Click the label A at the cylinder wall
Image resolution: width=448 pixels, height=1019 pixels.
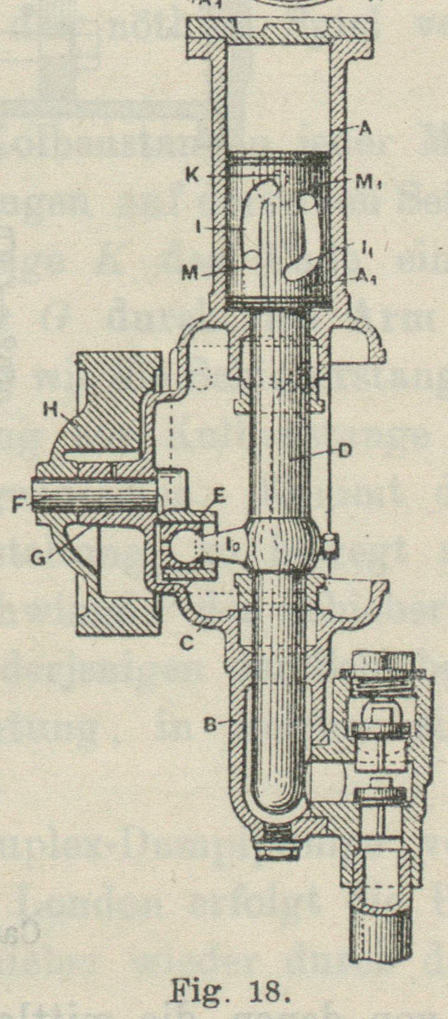tap(365, 129)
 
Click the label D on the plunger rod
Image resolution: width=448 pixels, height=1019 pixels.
tap(345, 451)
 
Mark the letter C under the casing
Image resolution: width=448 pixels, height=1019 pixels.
tap(187, 642)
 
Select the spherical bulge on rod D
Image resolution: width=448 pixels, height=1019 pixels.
tap(278, 542)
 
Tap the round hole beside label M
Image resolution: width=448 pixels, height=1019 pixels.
tap(252, 258)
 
